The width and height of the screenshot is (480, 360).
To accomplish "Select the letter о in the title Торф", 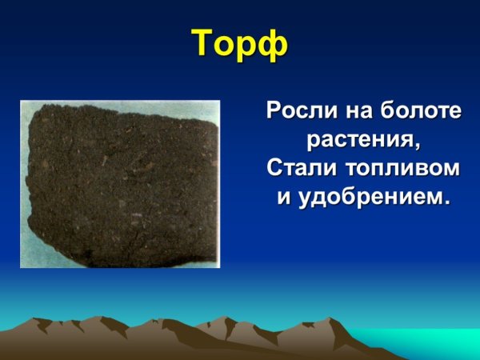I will [x=226, y=46].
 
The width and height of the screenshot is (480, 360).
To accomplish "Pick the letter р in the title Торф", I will [x=248, y=47].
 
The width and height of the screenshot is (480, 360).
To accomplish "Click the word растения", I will [x=361, y=140].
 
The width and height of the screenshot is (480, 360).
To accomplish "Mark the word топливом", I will [x=404, y=169].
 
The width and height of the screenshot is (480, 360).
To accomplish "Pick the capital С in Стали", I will [x=273, y=169].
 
